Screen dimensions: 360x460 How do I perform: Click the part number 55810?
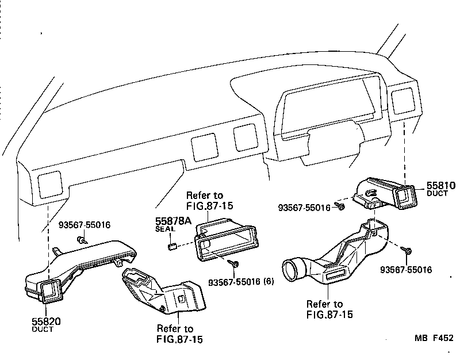[x=440, y=186]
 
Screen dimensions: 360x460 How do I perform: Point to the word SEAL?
[x=165, y=229]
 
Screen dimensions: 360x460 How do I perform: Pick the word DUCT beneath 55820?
[x=43, y=330]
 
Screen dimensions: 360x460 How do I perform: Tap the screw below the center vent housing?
[x=235, y=263]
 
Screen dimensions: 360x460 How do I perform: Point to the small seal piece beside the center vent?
[x=171, y=247]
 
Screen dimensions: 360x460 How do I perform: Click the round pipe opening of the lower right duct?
[x=294, y=271]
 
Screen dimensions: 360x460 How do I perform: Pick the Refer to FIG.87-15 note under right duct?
[x=329, y=309]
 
